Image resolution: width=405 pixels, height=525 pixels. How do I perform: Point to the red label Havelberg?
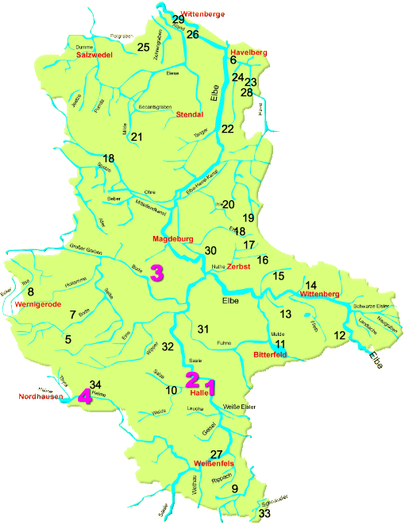(x=248, y=52)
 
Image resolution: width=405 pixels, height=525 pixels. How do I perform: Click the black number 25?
(x=144, y=48)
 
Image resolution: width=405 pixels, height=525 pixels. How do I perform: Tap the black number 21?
(x=137, y=137)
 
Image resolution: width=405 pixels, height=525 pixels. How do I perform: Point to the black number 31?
(x=203, y=329)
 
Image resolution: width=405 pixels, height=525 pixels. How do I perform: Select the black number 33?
(x=265, y=515)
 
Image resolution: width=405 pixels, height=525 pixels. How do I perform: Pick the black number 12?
(x=340, y=336)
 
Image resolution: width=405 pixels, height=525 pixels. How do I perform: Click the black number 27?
(x=216, y=454)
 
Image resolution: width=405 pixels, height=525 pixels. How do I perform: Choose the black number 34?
(x=95, y=385)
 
